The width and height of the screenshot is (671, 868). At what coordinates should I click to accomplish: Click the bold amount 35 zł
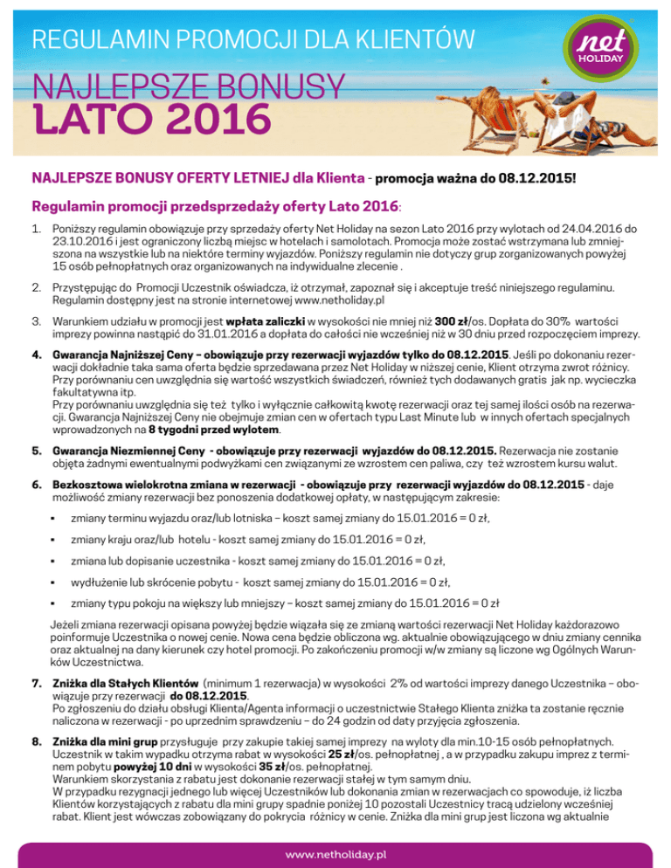point(225,764)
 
